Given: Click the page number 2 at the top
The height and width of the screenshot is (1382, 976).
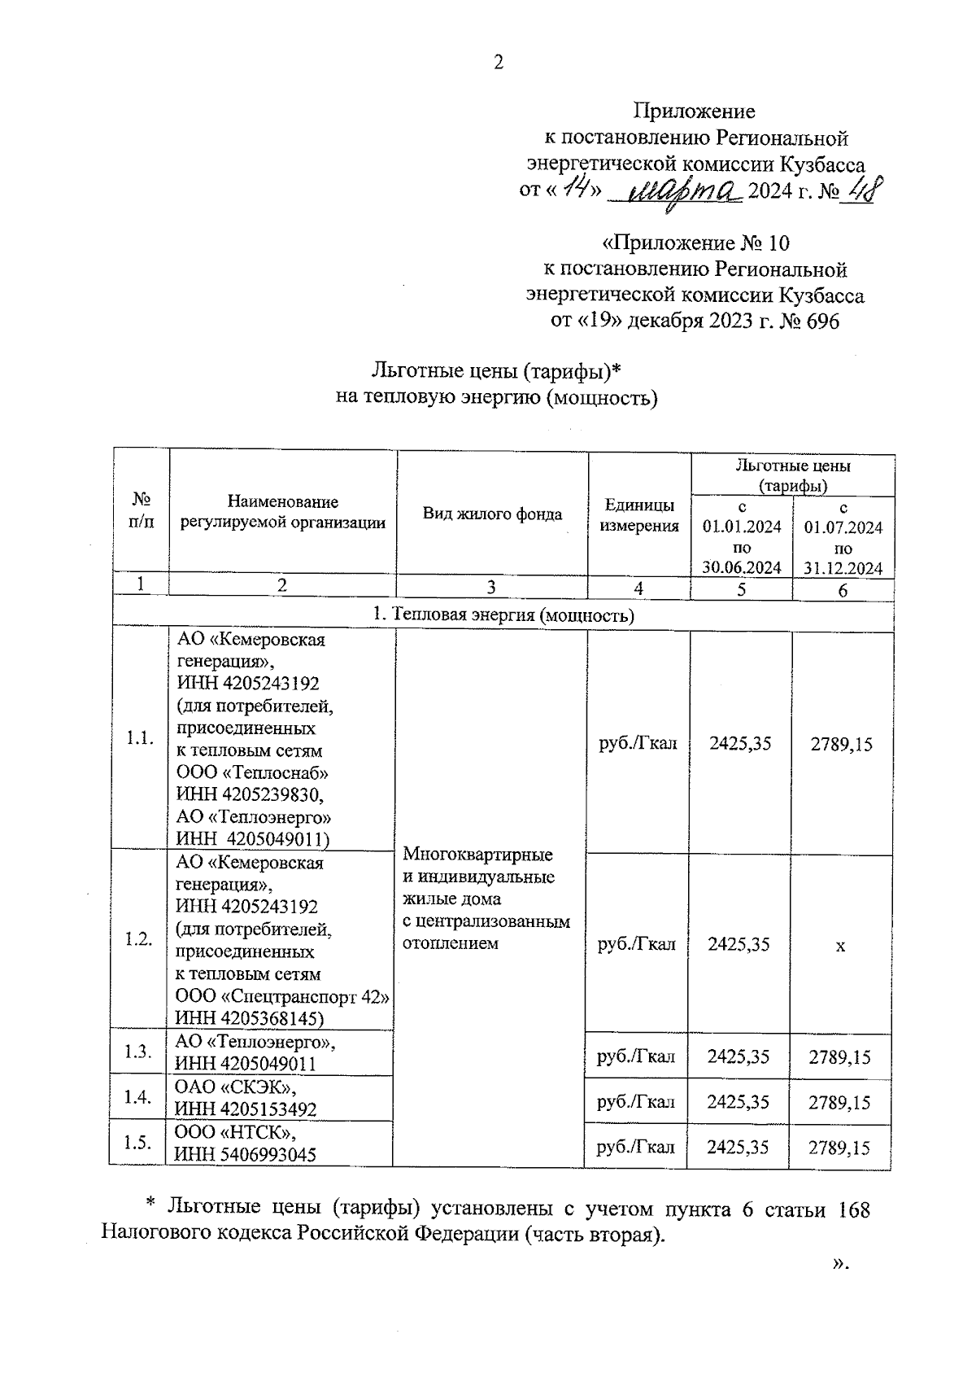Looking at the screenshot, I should coord(499,63).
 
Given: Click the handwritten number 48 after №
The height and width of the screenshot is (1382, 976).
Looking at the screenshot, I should coord(856,191).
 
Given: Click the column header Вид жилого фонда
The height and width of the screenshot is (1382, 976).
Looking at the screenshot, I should coord(492,514).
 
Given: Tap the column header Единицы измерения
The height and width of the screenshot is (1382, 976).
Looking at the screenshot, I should coord(638,515).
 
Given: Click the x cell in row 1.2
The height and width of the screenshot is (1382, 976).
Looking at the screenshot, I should coord(841,946).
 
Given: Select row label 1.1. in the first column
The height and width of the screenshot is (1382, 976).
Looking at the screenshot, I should coord(139,739).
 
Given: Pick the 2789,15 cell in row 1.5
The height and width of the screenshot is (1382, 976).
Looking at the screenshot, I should coord(839,1148).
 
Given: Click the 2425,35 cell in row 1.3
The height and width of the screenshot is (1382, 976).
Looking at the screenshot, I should coord(739,1056).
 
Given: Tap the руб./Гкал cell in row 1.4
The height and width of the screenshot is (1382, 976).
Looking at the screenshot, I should coord(636,1102).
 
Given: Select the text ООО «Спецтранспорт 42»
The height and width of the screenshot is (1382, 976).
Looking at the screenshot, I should coord(282,996).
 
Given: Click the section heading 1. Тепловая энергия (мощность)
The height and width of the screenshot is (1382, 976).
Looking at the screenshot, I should coord(503,614).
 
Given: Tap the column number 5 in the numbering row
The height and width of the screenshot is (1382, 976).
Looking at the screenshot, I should coord(741,590).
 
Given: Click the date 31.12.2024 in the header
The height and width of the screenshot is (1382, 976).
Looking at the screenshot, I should coord(843,569).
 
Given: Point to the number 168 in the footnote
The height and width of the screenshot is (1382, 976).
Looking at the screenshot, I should coord(852,1210).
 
